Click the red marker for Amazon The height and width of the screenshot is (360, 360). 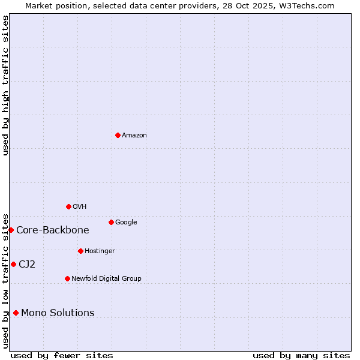pyautogui.click(x=118, y=135)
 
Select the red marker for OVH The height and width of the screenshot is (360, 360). pyautogui.click(x=68, y=206)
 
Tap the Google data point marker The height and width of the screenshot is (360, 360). pyautogui.click(x=111, y=222)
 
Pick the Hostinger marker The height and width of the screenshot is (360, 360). pyautogui.click(x=80, y=251)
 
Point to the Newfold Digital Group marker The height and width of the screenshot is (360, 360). pyautogui.click(x=67, y=278)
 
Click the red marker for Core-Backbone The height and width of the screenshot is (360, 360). pyautogui.click(x=11, y=230)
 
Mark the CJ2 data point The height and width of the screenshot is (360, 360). pyautogui.click(x=13, y=264)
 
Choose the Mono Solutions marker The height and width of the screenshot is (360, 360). pyautogui.click(x=16, y=313)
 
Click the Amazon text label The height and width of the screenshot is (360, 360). pyautogui.click(x=134, y=136)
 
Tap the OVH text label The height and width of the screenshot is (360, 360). pyautogui.click(x=80, y=207)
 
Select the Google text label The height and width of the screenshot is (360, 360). pyautogui.click(x=126, y=223)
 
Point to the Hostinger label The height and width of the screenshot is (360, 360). pyautogui.click(x=100, y=251)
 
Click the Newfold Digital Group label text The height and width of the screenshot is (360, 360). pyautogui.click(x=106, y=278)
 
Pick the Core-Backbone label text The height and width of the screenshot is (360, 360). pyautogui.click(x=53, y=230)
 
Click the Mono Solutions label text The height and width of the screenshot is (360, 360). pyautogui.click(x=58, y=313)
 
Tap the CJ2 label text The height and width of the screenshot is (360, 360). pyautogui.click(x=27, y=265)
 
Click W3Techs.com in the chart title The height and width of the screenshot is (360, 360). pyautogui.click(x=305, y=5)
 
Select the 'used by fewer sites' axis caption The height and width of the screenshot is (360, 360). pyautogui.click(x=62, y=355)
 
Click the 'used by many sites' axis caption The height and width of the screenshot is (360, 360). pyautogui.click(x=301, y=355)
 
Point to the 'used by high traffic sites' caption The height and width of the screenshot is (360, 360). pyautogui.click(x=5, y=85)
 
